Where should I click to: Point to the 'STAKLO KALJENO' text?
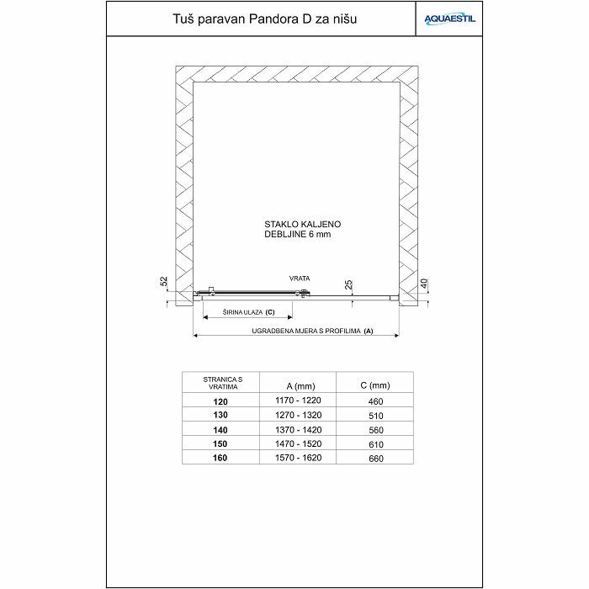[x=302, y=225]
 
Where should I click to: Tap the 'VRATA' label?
[x=300, y=277]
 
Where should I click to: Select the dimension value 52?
[x=164, y=281]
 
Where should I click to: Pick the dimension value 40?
[x=425, y=283]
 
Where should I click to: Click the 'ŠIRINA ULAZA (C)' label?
[x=248, y=312]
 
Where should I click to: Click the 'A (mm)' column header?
[x=298, y=385]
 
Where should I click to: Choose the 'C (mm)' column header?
[x=375, y=385]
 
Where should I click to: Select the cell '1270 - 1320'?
[x=299, y=415]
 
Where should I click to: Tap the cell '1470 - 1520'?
[x=299, y=443]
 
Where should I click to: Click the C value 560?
[x=375, y=429]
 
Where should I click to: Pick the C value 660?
[x=375, y=458]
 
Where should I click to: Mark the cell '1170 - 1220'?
[x=299, y=401]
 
